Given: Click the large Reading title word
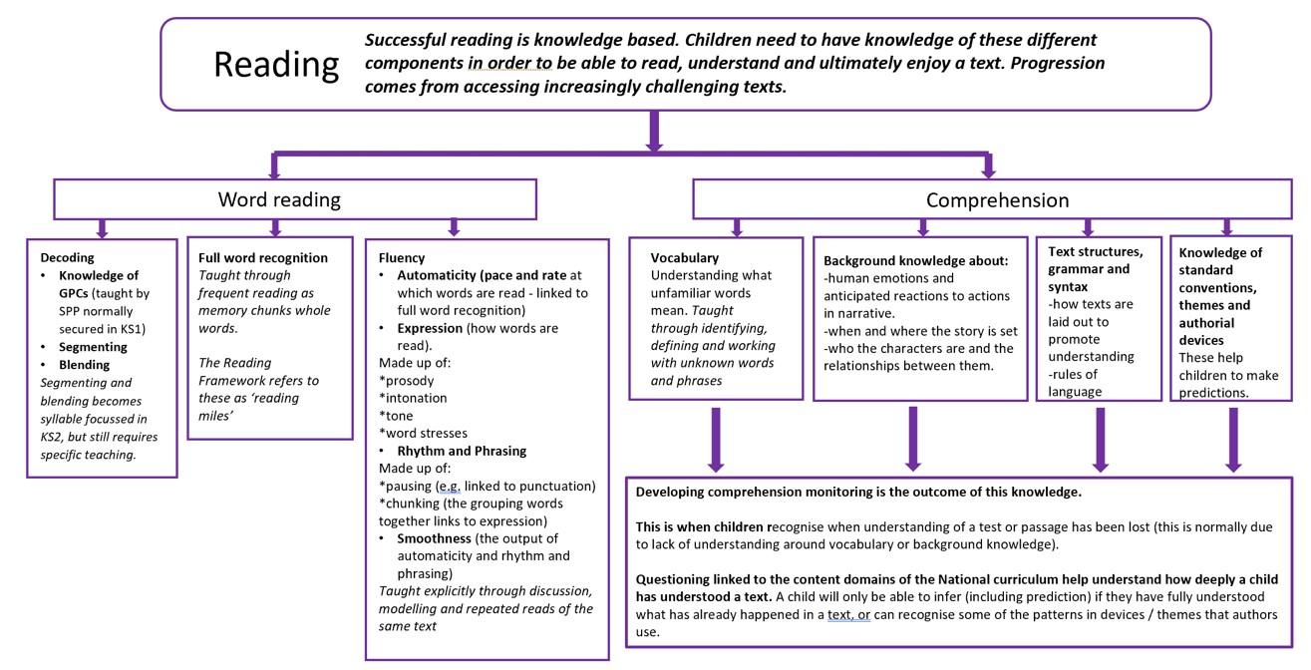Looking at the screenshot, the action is click(x=276, y=66).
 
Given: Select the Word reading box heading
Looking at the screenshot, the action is click(x=279, y=199).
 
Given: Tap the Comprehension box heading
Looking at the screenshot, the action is click(x=997, y=200).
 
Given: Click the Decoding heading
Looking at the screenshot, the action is click(x=68, y=257).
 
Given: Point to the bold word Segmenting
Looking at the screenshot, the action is click(x=93, y=347).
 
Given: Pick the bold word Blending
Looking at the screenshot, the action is click(x=85, y=365).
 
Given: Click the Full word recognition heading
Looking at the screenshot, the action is click(x=263, y=257).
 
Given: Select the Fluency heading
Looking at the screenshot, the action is click(x=402, y=257).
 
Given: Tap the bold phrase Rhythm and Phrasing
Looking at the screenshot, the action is click(x=462, y=451).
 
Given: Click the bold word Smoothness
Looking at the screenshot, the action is click(x=434, y=538).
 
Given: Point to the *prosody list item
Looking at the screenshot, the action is click(x=406, y=381).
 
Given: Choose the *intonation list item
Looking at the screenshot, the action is click(x=413, y=398).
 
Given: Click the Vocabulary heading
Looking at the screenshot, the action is click(x=684, y=257).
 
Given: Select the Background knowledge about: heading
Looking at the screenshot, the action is click(x=916, y=260).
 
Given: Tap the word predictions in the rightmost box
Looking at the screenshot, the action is click(x=1213, y=393).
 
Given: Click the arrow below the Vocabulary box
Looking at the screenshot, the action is click(x=716, y=440).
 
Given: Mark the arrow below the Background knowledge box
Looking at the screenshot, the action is click(x=913, y=439).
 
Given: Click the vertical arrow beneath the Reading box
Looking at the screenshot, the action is click(x=654, y=131).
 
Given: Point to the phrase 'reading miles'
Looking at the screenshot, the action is click(x=258, y=407).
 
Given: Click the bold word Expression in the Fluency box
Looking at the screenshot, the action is click(x=430, y=328).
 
